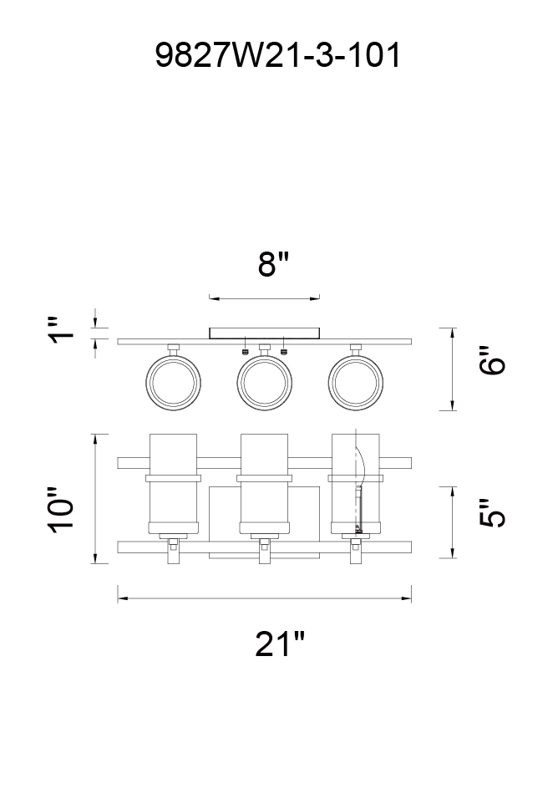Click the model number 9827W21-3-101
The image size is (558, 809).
click(x=278, y=55)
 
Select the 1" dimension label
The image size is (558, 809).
click(x=62, y=330)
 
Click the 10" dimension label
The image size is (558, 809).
click(x=62, y=509)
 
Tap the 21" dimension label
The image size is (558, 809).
click(x=280, y=644)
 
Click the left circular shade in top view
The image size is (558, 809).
click(x=173, y=383)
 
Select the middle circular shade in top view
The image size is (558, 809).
click(x=265, y=383)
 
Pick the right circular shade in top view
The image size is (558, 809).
click(x=356, y=383)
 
